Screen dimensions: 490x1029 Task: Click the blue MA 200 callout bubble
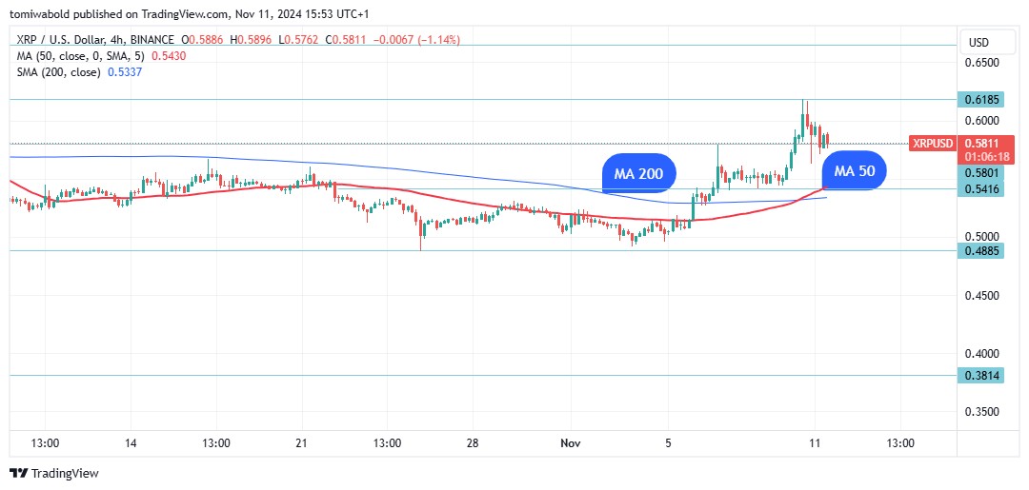[638, 174]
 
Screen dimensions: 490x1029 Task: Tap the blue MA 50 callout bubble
[854, 171]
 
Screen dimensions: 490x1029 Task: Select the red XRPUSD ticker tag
[932, 144]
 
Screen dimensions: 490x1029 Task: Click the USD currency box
[979, 43]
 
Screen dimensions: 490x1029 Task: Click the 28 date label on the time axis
[474, 443]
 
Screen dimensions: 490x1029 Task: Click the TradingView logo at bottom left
[54, 473]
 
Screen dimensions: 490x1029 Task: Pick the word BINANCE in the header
[151, 40]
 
